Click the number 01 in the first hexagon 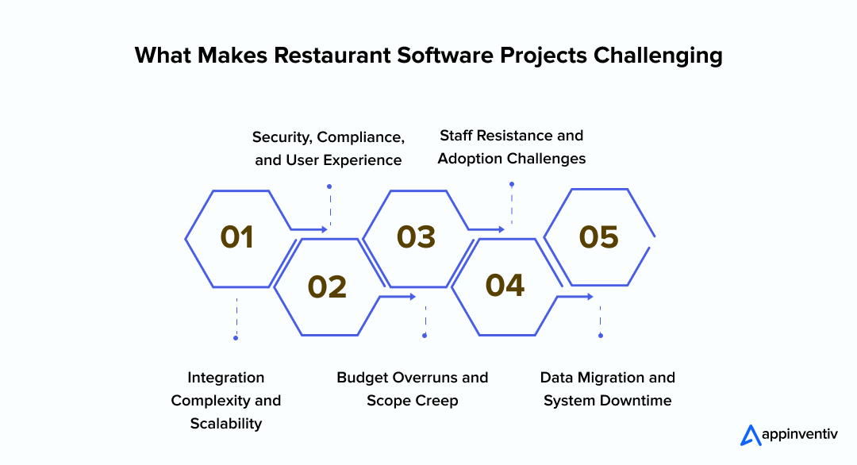pyautogui.click(x=237, y=237)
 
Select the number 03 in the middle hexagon pyautogui.click(x=417, y=237)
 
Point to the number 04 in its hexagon pyautogui.click(x=505, y=286)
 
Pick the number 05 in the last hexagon pyautogui.click(x=598, y=237)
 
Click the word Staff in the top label pyautogui.click(x=458, y=136)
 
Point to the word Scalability pyautogui.click(x=226, y=424)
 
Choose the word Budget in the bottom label pyautogui.click(x=363, y=377)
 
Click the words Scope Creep pyautogui.click(x=412, y=401)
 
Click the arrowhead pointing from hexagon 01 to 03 pyautogui.click(x=324, y=229)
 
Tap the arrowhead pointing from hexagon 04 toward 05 pyautogui.click(x=589, y=297)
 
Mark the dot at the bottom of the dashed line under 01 pyautogui.click(x=236, y=338)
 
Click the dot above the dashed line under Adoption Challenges pyautogui.click(x=512, y=184)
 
